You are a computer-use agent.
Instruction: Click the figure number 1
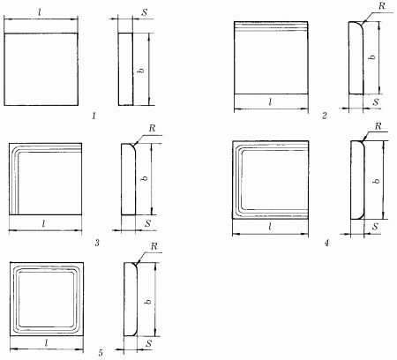94,116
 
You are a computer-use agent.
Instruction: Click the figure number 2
325,116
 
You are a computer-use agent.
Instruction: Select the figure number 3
97,243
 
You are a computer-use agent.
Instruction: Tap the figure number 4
326,243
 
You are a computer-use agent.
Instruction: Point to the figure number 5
101,353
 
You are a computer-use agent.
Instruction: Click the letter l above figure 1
40,12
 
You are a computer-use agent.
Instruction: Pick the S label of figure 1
145,12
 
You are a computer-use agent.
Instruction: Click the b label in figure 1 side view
141,71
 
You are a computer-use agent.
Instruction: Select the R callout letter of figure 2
381,6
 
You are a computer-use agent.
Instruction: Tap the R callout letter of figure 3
152,128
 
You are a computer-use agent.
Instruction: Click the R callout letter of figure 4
378,126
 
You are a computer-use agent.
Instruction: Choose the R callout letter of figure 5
154,246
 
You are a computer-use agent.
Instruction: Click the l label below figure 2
270,102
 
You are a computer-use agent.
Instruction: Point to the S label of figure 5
149,343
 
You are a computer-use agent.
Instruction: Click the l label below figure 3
43,224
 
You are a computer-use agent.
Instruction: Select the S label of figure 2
376,102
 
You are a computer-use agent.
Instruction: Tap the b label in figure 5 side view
148,302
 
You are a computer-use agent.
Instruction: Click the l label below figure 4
270,227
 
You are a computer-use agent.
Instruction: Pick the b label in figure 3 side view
145,178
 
